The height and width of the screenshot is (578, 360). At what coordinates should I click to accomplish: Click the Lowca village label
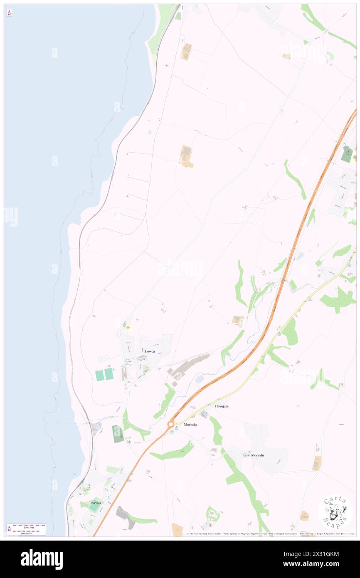coord(150,351)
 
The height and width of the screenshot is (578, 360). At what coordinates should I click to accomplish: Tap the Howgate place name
coord(222,406)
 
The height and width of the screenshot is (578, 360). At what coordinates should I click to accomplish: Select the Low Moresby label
coord(254,455)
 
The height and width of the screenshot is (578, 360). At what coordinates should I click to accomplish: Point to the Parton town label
coord(96,503)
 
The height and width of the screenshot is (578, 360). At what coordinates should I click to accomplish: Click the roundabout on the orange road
coord(170,425)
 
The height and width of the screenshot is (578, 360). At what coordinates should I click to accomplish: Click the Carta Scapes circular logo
coord(335,512)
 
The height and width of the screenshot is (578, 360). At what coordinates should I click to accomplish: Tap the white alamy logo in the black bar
coord(42,559)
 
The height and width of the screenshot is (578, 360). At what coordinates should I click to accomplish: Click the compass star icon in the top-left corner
coord(9,13)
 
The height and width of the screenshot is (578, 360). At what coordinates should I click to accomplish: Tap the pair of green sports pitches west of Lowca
coord(104,374)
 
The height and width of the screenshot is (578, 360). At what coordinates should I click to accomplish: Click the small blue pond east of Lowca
coord(199,379)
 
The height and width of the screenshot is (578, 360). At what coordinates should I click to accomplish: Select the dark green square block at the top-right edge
coord(346,154)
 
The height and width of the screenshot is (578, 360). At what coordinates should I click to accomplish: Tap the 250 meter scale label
coord(26,533)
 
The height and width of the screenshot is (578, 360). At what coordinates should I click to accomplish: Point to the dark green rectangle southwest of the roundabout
coord(118,434)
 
